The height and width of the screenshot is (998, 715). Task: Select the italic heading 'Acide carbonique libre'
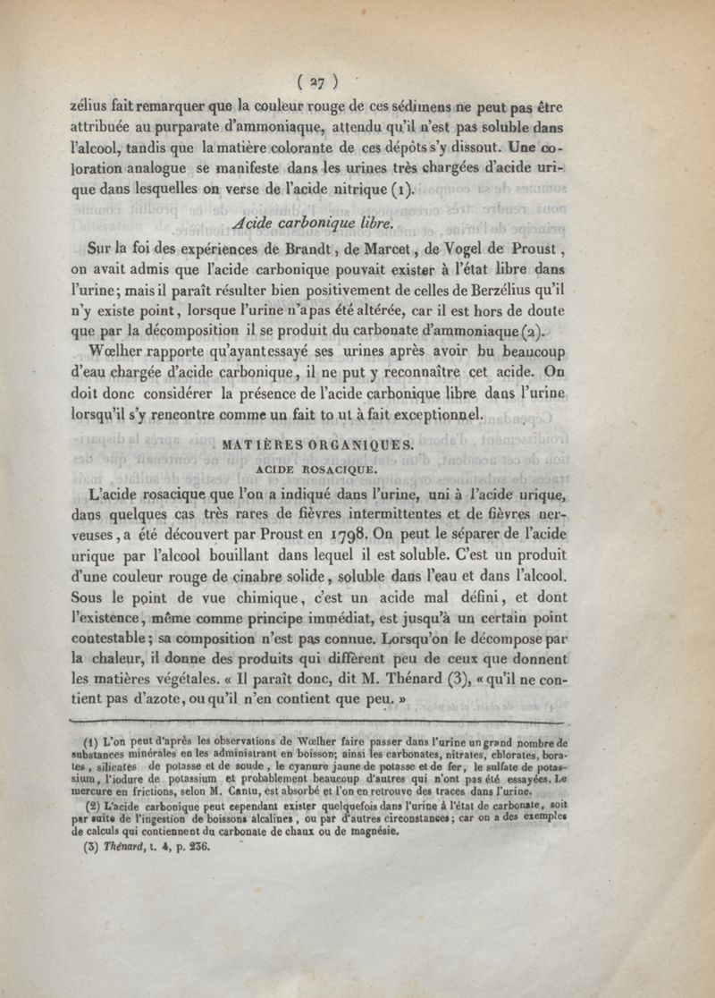pos(293,222)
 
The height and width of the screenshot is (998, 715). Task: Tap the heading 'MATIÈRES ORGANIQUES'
pos(318,444)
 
